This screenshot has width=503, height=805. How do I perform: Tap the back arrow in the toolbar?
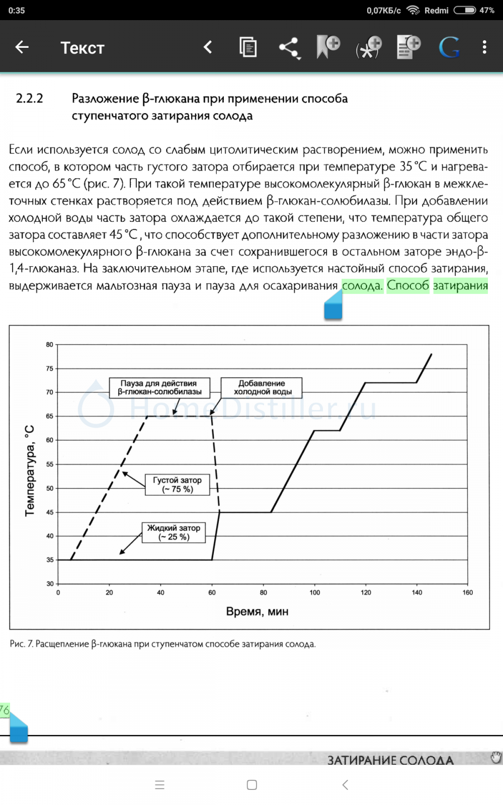point(22,47)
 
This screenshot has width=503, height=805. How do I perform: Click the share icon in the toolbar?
point(289,48)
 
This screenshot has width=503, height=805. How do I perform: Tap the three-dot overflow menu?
point(484,47)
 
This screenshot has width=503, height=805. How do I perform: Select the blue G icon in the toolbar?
point(449,48)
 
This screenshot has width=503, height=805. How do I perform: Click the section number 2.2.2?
point(30,98)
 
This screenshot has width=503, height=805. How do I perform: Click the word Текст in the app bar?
point(82,48)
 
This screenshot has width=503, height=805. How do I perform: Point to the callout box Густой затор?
point(177,485)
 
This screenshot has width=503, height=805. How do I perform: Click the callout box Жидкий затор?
point(174,532)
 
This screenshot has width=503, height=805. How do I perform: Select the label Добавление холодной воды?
point(262,387)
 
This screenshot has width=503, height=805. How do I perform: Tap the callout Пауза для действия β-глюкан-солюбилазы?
point(159,387)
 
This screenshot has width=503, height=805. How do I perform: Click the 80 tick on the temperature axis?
point(49,345)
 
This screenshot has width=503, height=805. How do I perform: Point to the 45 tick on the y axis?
point(49,512)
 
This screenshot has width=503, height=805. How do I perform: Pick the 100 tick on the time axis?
point(314,593)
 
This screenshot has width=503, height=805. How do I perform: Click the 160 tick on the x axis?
point(467,593)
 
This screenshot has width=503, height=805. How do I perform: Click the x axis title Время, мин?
point(257,612)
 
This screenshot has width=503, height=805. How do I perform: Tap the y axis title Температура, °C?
point(30,470)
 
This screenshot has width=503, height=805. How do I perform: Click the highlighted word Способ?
point(408,286)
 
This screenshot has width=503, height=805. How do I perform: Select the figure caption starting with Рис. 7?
point(162,644)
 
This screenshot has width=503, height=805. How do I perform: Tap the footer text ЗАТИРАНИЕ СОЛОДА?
point(390,760)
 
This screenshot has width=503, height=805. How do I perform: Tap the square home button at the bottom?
point(252,785)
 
